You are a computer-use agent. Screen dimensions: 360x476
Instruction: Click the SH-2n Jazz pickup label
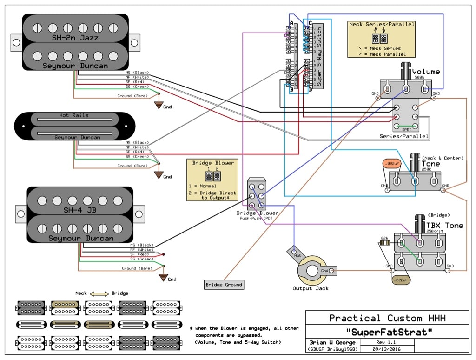tap(75, 38)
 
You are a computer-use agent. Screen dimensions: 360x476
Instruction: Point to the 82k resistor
tap(384, 242)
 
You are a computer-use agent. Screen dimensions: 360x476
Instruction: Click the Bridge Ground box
tap(224, 284)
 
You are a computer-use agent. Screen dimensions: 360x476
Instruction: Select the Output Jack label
tap(311, 288)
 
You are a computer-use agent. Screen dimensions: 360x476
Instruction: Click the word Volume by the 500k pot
tap(426, 72)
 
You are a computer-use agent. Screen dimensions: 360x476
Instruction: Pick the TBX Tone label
tap(444, 225)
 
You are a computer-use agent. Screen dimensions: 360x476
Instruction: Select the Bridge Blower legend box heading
tap(213, 163)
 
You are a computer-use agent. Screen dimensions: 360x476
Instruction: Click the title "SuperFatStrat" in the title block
tap(387, 332)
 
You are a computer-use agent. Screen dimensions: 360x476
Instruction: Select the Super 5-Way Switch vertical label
tap(318, 55)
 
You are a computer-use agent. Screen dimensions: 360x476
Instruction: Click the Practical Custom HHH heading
tap(387, 318)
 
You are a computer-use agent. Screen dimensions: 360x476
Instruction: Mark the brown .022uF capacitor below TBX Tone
tap(400, 280)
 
